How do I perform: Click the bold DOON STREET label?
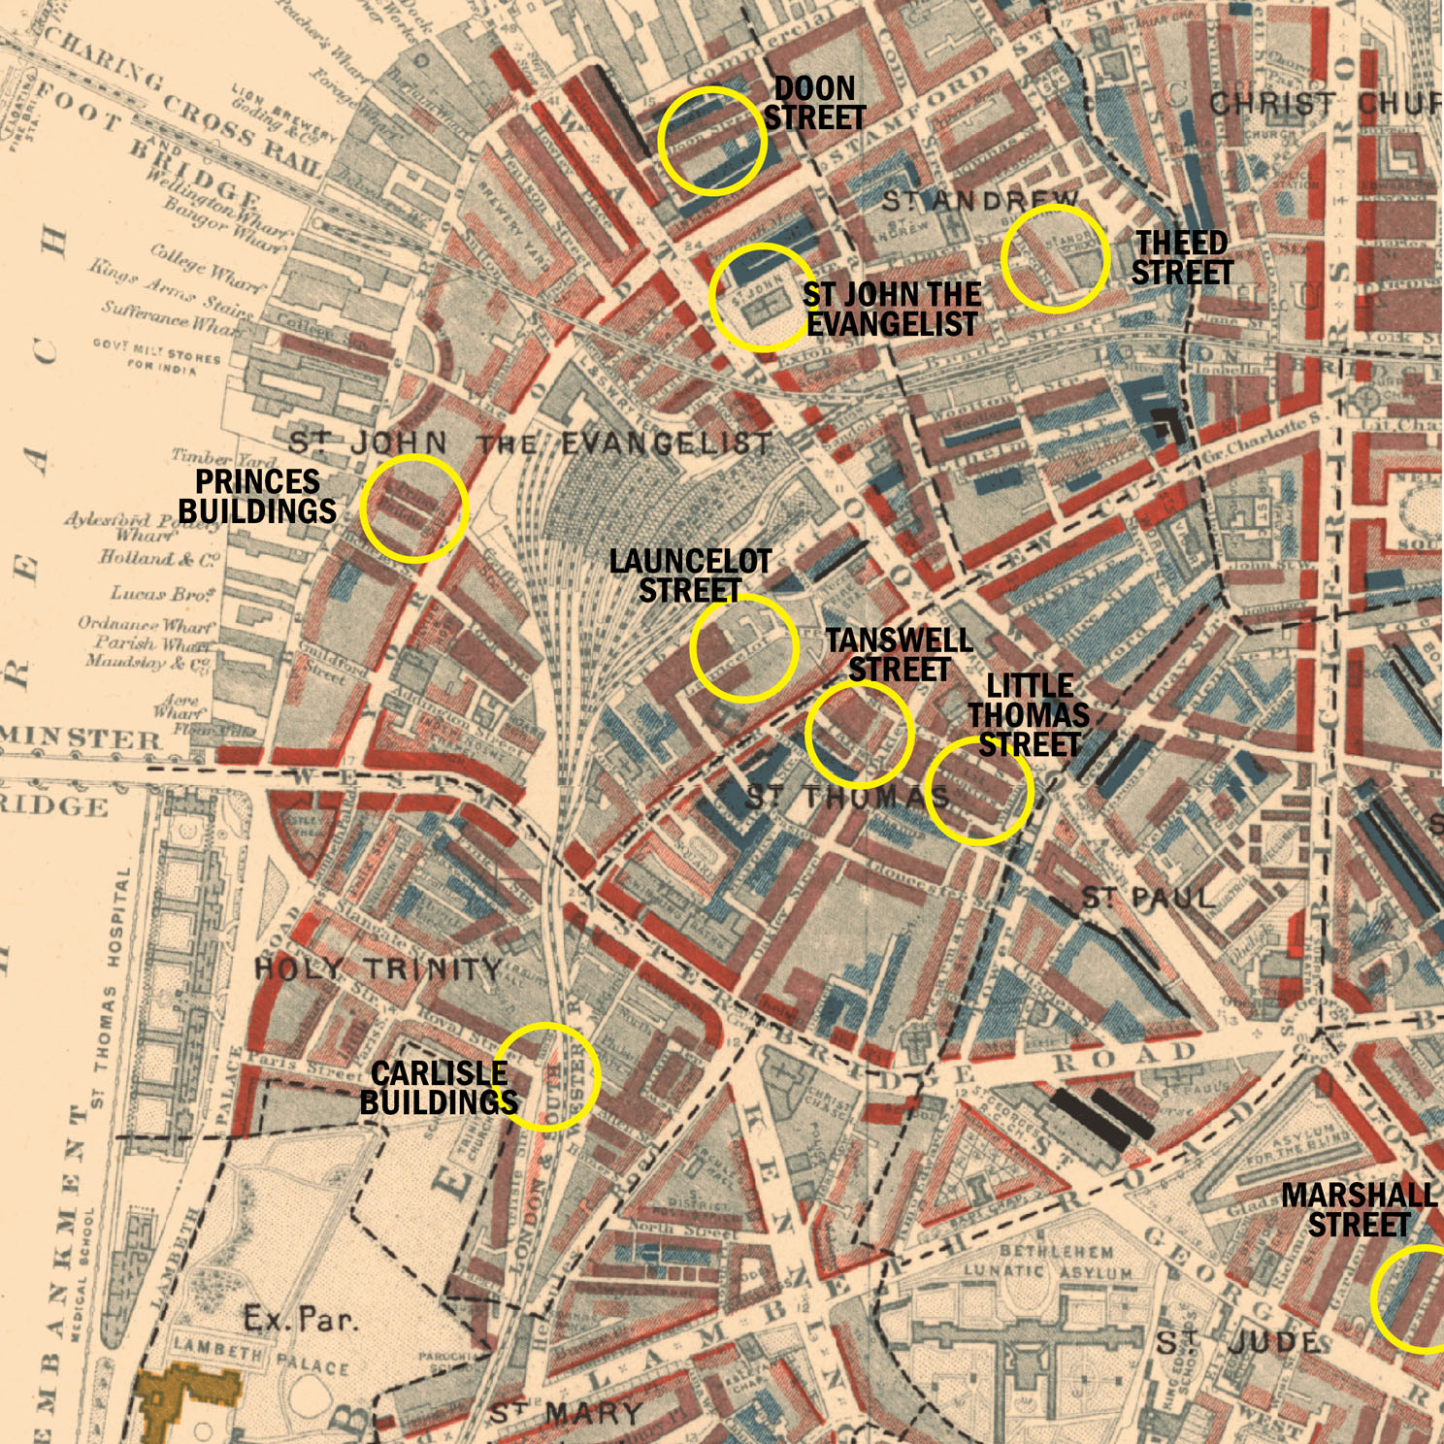tap(815, 103)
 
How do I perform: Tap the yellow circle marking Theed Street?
tap(1055, 258)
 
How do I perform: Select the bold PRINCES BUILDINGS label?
tap(257, 496)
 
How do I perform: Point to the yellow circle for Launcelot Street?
tap(744, 647)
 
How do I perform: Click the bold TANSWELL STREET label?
tap(900, 655)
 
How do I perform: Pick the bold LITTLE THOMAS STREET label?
tap(1029, 715)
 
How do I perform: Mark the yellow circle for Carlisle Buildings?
tap(547, 1076)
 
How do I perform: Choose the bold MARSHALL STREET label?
tap(1359, 1210)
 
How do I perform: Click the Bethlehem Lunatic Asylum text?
tap(1048, 1262)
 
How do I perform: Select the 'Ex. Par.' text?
tap(301, 1320)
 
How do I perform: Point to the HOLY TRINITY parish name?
tap(378, 968)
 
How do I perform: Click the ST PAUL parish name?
tap(1148, 899)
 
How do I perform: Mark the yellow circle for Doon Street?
tap(712, 141)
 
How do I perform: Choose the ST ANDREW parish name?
tap(980, 201)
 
